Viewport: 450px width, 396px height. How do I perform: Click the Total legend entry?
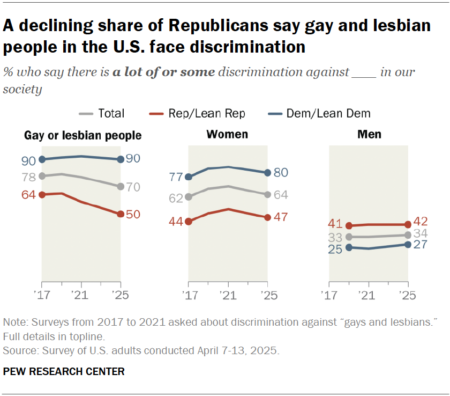point(102,113)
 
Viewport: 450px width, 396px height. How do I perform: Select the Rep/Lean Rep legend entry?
point(199,113)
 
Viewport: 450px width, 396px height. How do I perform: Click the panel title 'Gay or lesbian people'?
point(83,135)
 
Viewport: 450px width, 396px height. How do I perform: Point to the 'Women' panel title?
point(228,134)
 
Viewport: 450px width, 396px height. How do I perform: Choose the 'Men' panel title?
point(369,134)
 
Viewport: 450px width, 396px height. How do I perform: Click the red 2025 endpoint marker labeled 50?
point(121,214)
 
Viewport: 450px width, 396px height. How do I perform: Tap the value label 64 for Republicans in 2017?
point(28,195)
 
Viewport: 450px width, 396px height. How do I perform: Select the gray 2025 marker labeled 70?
point(121,187)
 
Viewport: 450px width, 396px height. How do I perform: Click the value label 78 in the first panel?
point(28,177)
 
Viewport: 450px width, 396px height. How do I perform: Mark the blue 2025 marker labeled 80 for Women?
point(267,173)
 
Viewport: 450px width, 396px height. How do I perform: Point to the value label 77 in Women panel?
point(176,177)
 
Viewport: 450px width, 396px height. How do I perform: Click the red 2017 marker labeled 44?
point(188,221)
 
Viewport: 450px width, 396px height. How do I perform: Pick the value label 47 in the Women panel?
point(281,217)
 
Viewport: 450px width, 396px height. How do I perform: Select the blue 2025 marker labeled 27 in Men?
point(408,244)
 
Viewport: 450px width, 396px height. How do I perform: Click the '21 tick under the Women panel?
point(228,295)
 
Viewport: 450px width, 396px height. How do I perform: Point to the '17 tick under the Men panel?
point(329,295)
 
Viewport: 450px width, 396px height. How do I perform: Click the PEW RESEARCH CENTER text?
point(64,371)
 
